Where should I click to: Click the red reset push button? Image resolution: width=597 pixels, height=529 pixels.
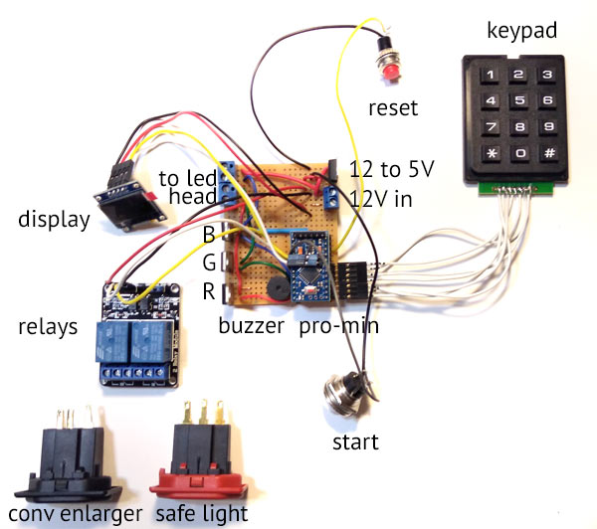click(x=386, y=66)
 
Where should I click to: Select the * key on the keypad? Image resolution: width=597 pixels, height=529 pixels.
click(x=493, y=153)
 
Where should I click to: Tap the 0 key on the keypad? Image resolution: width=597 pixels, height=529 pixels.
click(x=518, y=153)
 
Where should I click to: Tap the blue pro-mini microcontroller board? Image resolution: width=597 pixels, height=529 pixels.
click(x=314, y=267)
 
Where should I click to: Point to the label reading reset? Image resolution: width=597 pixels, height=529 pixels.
click(x=393, y=107)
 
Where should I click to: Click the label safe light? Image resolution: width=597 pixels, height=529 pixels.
click(x=202, y=513)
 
